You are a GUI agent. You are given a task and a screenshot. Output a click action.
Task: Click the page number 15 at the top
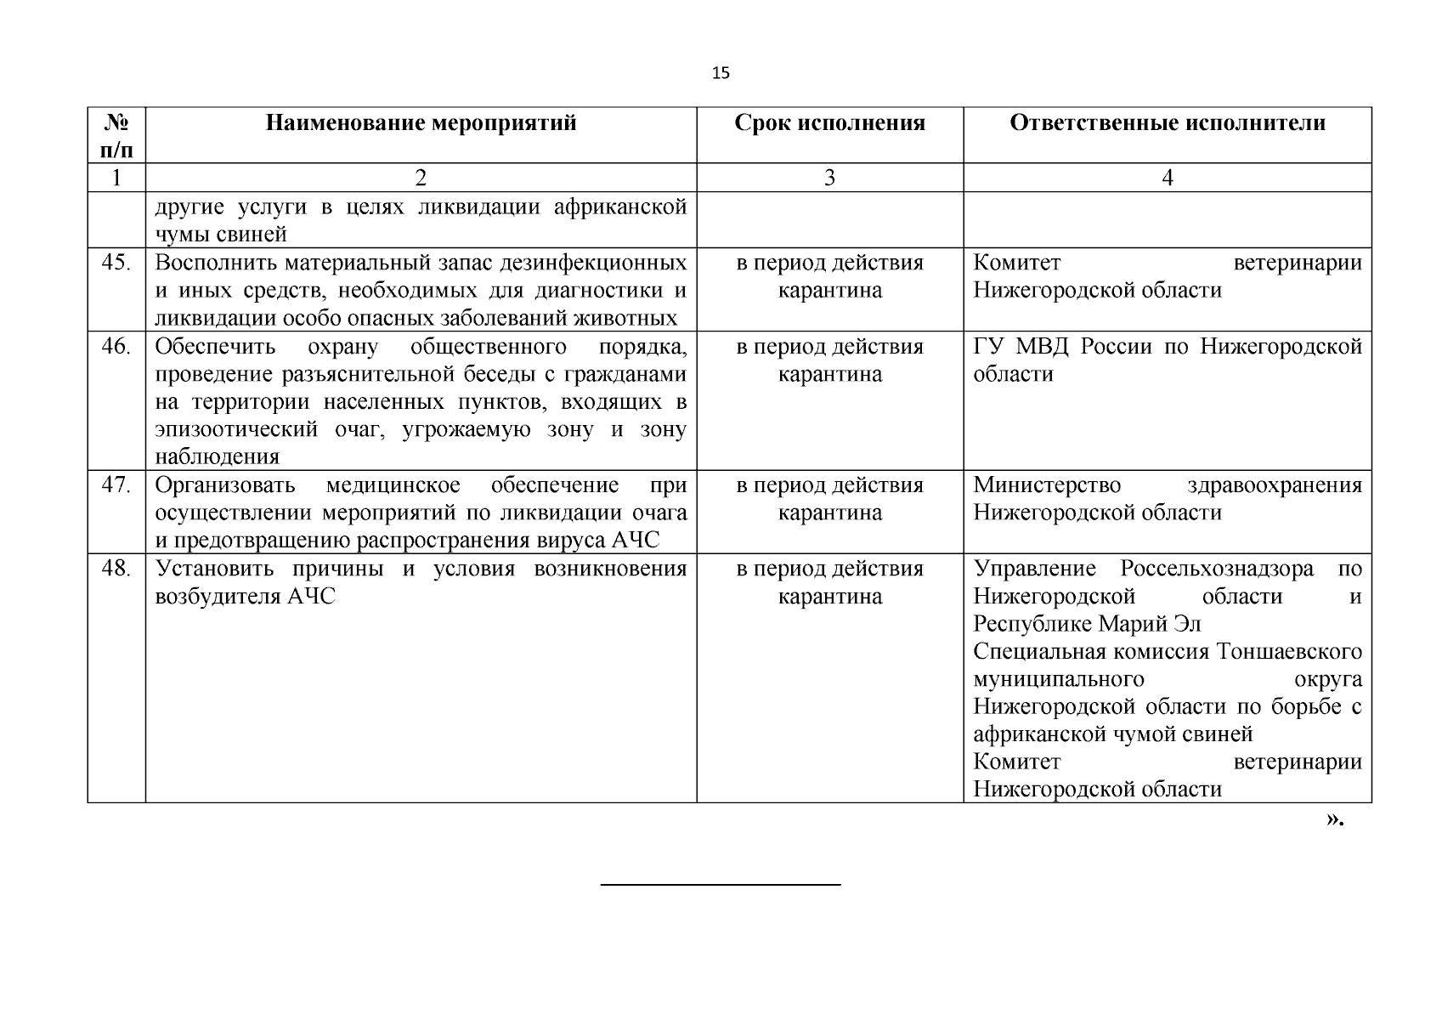(720, 73)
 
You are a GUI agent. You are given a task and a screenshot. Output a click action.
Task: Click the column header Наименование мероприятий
(421, 123)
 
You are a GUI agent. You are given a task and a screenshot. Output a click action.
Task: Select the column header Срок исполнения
(829, 123)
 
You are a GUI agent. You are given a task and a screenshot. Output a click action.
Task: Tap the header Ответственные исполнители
(1167, 123)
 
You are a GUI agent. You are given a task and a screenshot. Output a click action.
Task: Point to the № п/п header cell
(116, 136)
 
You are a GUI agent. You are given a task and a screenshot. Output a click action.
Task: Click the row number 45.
(116, 263)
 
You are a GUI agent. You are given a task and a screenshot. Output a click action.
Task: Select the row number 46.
(116, 347)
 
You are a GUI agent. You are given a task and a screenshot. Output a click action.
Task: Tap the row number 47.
(116, 485)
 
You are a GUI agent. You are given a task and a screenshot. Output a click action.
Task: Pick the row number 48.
(116, 569)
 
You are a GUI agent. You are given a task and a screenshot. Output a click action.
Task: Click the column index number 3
(829, 178)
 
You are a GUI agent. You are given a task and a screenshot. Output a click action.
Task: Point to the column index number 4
(1167, 178)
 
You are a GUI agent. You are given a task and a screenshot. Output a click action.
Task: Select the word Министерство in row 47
(1046, 485)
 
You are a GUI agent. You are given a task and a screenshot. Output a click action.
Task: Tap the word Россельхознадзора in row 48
(1216, 569)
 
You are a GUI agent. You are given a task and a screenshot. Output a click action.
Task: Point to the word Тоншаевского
(1289, 652)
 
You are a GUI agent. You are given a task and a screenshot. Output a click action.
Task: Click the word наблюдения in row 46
(217, 457)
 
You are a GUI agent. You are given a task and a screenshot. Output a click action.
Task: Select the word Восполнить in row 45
(217, 263)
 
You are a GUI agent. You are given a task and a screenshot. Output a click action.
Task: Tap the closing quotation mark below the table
(1334, 820)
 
